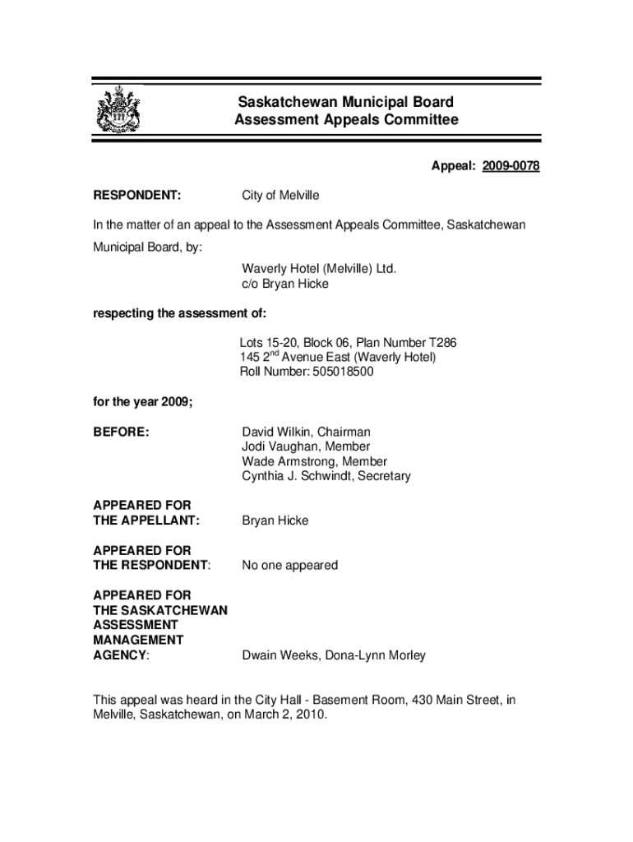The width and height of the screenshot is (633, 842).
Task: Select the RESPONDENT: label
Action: (137, 196)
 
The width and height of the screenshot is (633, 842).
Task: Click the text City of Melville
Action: (280, 196)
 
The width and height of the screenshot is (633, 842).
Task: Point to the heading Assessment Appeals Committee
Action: (345, 121)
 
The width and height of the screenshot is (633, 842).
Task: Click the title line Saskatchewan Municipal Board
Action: (345, 103)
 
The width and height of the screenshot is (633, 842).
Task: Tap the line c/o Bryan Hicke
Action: (284, 284)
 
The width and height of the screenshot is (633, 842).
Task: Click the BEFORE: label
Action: (122, 432)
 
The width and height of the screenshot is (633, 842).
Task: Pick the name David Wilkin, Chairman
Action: (306, 432)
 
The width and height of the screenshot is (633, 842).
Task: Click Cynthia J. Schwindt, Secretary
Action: (326, 476)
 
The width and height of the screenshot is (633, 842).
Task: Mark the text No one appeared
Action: (289, 566)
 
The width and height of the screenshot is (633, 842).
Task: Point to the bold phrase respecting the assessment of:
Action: (179, 313)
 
